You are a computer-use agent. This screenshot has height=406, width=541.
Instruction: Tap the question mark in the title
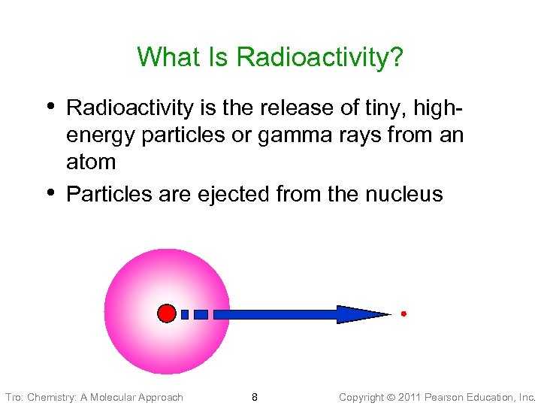[x=397, y=57]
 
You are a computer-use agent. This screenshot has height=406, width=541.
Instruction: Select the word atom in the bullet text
[x=91, y=162]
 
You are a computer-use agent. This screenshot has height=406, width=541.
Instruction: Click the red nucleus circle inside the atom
[x=167, y=314]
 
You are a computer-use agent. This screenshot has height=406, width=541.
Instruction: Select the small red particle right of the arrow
[x=403, y=314]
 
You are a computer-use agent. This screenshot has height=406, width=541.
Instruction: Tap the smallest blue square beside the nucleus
[x=185, y=314]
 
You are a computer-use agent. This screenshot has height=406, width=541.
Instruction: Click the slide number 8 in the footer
[x=255, y=397]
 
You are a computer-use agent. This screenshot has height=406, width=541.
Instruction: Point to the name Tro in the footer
[x=13, y=397]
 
